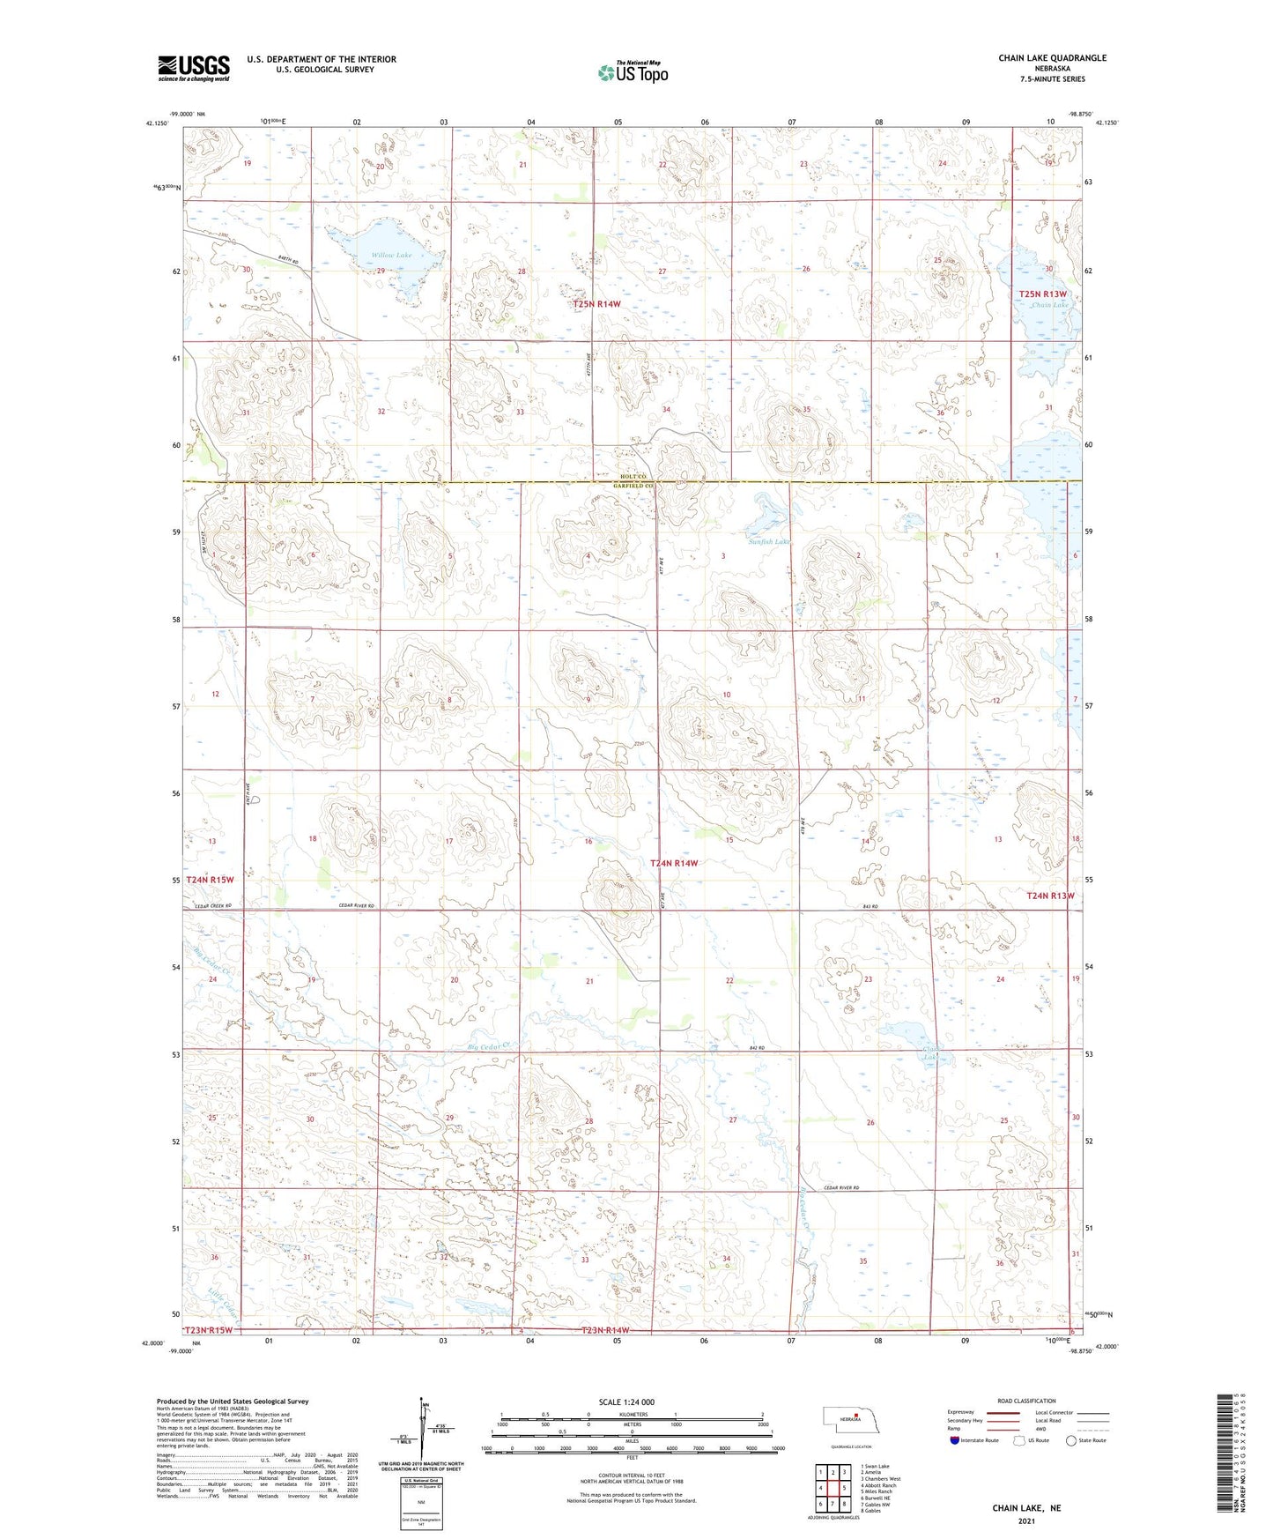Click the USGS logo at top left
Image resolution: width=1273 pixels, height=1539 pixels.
(193, 68)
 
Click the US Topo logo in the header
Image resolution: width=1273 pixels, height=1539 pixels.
(632, 73)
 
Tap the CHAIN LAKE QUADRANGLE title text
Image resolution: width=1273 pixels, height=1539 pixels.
(1052, 58)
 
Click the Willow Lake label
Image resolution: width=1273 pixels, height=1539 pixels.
(390, 256)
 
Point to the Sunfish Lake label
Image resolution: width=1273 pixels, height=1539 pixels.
(768, 542)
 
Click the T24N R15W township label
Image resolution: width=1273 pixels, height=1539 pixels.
(210, 880)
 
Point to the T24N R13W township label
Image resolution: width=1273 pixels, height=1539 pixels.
(1050, 896)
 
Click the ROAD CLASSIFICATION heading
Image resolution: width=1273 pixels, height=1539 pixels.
(1026, 1401)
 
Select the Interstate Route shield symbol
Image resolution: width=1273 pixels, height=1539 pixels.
(955, 1440)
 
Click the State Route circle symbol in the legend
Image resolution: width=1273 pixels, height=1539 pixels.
(1070, 1440)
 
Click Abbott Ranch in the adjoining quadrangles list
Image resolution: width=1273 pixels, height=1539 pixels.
(877, 1485)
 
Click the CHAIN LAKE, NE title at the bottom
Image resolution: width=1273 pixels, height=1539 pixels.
(1026, 1508)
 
